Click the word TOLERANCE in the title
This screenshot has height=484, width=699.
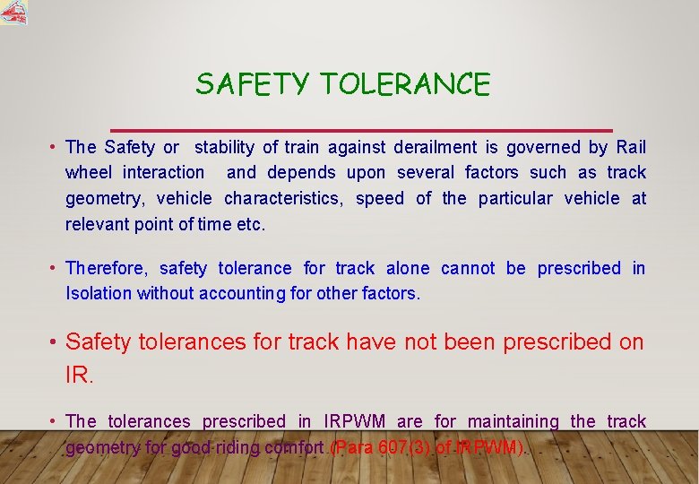click(x=405, y=85)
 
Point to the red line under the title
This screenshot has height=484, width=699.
click(x=360, y=131)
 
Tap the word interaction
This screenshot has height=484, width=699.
click(x=163, y=172)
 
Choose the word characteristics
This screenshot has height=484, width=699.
click(x=282, y=198)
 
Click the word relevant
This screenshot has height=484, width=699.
click(x=97, y=224)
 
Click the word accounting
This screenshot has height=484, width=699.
click(x=242, y=293)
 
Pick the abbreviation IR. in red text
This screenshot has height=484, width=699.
click(x=79, y=375)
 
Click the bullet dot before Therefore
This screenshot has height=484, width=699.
click(x=55, y=268)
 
